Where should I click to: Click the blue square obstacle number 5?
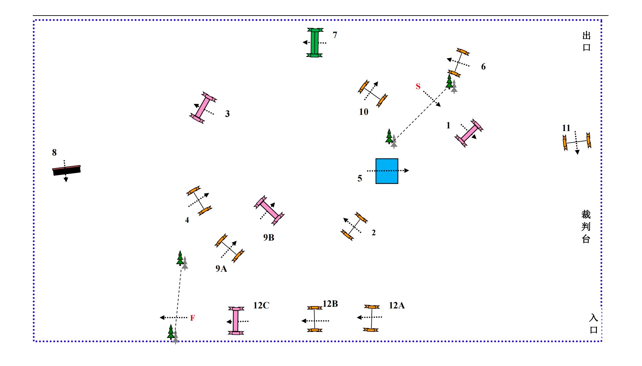(x=387, y=171)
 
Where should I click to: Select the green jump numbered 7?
(x=314, y=43)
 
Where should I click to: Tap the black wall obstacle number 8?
(x=66, y=170)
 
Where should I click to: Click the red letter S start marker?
(x=418, y=86)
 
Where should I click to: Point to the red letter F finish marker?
(x=192, y=318)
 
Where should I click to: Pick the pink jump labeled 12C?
(x=235, y=321)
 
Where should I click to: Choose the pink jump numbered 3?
(x=203, y=108)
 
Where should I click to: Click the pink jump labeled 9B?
(x=269, y=210)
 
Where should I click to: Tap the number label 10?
(x=363, y=112)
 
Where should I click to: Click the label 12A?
(x=397, y=305)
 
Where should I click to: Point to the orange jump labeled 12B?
(x=314, y=319)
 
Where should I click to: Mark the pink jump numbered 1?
(x=469, y=133)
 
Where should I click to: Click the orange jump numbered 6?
(x=459, y=63)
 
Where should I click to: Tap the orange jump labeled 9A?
(x=229, y=248)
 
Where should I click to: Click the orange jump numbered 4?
(x=199, y=201)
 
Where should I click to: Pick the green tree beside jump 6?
(x=449, y=82)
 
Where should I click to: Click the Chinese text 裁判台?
(x=586, y=227)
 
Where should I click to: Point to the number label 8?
(x=54, y=153)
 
